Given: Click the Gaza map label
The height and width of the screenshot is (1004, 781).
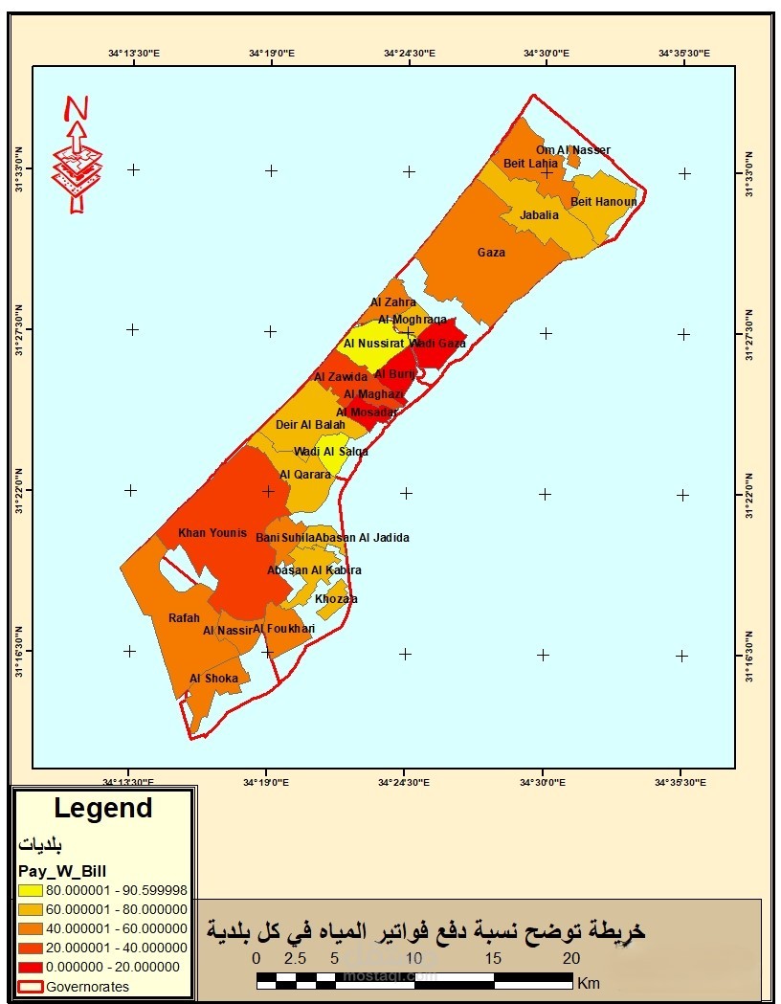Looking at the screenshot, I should (491, 253).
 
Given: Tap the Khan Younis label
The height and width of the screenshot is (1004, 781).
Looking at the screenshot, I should (212, 533).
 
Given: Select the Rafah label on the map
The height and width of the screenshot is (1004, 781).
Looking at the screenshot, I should (184, 618).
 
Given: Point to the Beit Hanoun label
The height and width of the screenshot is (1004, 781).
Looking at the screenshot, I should (603, 202).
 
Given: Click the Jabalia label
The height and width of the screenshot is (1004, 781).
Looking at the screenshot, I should (539, 215).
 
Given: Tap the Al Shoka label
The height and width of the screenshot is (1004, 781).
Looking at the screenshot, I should (208, 679).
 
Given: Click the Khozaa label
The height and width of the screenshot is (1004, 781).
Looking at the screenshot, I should (336, 599).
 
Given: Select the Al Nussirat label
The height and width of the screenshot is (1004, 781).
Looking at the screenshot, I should (373, 344).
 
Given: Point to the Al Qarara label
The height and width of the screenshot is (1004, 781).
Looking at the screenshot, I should (304, 474).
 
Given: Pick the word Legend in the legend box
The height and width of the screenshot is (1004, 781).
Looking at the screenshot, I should (102, 809).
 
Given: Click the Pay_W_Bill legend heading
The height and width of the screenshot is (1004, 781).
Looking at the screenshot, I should (62, 870).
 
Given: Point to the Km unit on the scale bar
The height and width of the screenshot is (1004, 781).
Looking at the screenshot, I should (588, 982).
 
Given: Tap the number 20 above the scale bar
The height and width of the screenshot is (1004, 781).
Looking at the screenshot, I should (570, 959).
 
